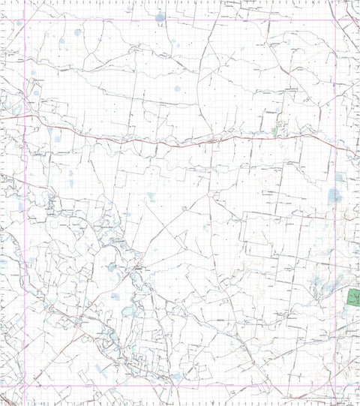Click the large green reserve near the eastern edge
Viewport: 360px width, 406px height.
[352, 300]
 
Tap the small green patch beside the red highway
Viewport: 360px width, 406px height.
[274, 132]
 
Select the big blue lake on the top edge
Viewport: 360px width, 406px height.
[160, 17]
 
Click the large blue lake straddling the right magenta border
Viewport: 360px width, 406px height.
[334, 197]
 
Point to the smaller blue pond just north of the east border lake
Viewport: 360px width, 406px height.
[339, 178]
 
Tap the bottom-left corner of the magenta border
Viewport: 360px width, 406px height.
[25, 385]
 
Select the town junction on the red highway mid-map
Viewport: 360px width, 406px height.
[214, 138]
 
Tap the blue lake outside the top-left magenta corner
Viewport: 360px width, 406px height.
[19, 23]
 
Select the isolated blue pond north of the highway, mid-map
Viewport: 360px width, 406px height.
[178, 89]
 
